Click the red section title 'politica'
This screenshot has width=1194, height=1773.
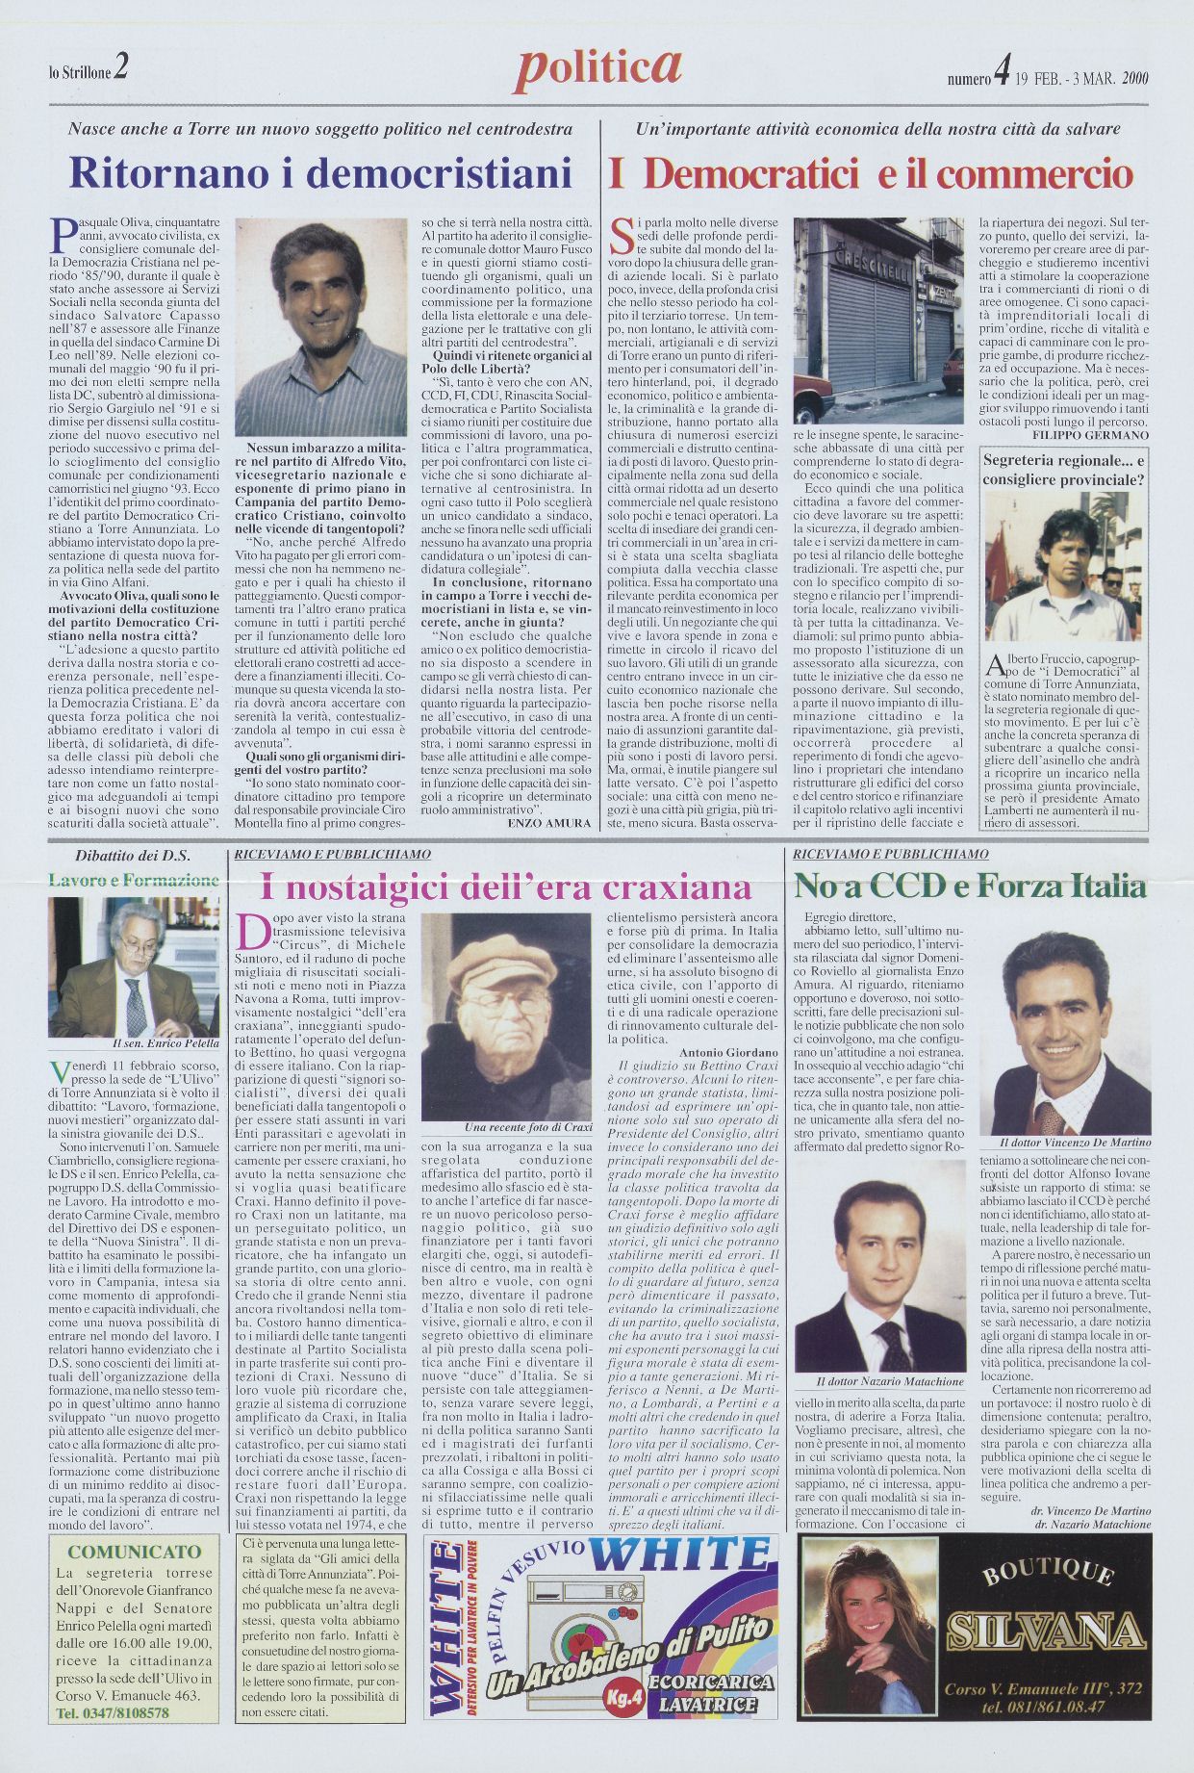click(598, 68)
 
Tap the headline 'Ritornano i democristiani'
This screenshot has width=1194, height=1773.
click(320, 173)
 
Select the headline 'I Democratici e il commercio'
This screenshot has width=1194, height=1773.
click(871, 174)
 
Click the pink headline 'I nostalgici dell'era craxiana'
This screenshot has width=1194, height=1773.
click(506, 886)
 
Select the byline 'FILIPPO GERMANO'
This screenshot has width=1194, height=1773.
click(1094, 434)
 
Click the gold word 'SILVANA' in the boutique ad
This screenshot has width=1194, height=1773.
click(1046, 1631)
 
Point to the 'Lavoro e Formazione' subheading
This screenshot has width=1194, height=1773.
click(134, 880)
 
